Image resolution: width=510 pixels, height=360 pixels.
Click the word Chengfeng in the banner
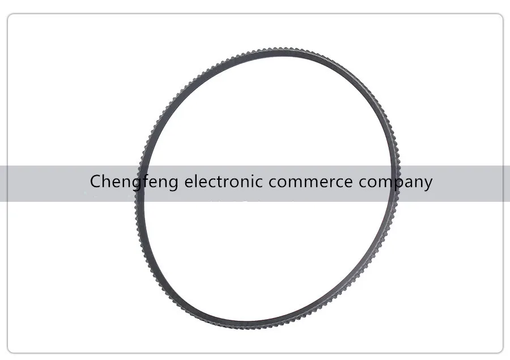click(134, 183)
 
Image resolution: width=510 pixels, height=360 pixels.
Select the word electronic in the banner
click(223, 182)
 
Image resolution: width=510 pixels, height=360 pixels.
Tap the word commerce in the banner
click(311, 183)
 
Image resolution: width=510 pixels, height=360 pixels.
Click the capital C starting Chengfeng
click(96, 182)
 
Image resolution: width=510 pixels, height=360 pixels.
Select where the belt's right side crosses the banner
click(395, 183)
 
